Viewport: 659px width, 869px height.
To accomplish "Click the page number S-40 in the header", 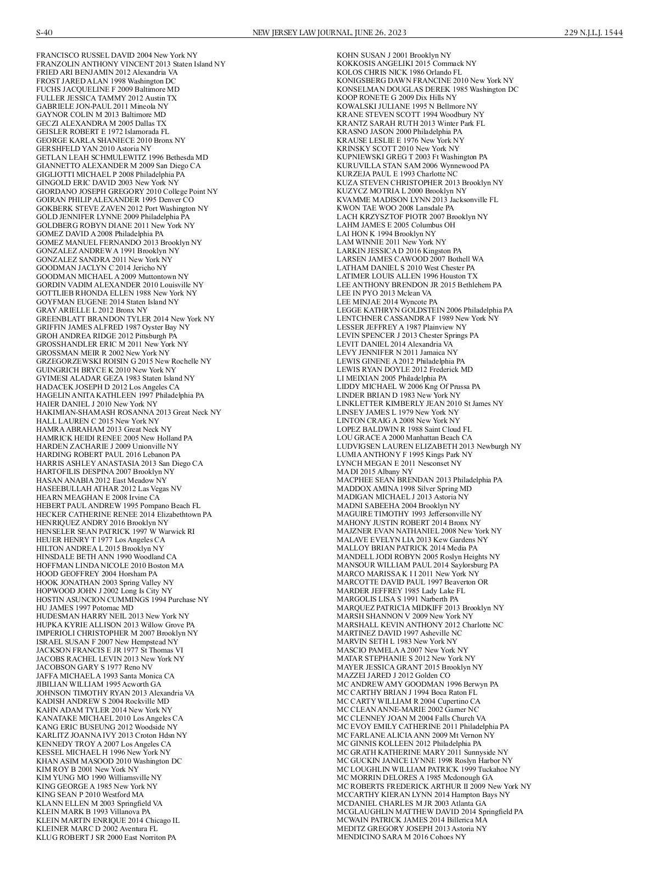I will coord(44,33).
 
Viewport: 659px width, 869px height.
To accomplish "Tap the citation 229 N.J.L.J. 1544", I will coord(593,33).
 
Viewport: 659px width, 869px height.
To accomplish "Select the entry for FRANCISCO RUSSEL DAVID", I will coord(116,55).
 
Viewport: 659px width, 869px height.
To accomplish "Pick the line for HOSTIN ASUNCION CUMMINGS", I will coord(122,599).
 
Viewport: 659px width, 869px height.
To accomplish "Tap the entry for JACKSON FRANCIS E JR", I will coord(109,650).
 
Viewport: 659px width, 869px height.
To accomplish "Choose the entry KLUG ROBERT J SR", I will coord(106,838).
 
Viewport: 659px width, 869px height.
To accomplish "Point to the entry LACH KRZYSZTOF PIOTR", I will coord(412,217).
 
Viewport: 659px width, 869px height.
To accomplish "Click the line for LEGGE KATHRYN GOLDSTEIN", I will coord(424,310).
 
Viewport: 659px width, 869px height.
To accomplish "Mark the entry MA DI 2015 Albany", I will coord(374,472).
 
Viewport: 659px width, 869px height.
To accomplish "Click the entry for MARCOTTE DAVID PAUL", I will coord(412,582).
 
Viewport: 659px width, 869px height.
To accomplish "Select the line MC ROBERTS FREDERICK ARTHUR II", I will coord(433,787).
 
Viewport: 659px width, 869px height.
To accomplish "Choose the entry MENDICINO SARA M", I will coord(401,837).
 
